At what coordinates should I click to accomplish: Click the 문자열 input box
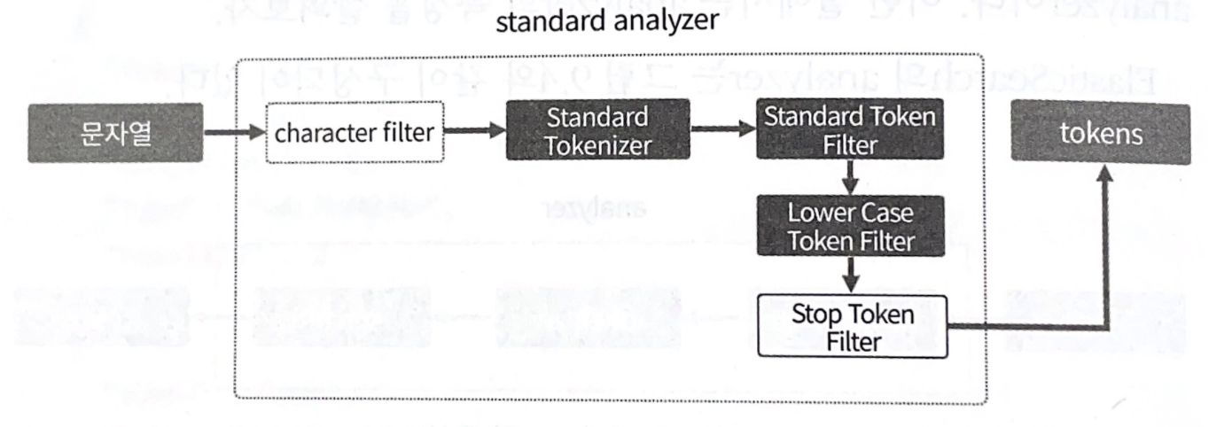click(x=115, y=133)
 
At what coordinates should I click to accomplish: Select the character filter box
click(x=355, y=134)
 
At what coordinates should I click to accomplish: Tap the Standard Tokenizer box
click(x=597, y=130)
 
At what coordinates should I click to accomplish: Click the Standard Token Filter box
click(x=850, y=129)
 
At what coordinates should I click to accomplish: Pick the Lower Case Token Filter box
click(x=850, y=226)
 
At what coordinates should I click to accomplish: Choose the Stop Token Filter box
click(x=852, y=327)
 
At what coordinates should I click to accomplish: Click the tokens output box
click(x=1102, y=133)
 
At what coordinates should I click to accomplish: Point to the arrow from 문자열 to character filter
click(x=235, y=134)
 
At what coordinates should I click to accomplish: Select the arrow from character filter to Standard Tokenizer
click(x=474, y=131)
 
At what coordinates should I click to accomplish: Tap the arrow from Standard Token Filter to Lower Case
click(x=850, y=176)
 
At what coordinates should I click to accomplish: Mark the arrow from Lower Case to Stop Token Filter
click(x=850, y=276)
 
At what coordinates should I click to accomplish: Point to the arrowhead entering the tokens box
click(x=1105, y=175)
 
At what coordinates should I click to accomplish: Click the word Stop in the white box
click(x=816, y=316)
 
